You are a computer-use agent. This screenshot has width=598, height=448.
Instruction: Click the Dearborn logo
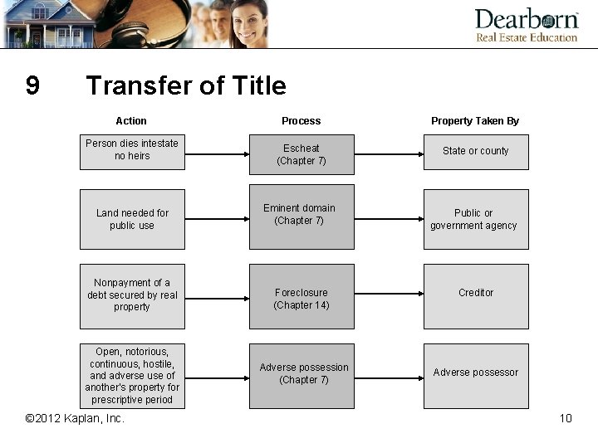[x=526, y=25]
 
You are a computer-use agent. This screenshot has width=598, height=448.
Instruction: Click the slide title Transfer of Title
[x=186, y=85]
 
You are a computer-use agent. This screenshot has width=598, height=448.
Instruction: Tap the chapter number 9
[x=32, y=85]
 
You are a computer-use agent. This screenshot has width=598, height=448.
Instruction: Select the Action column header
[x=131, y=121]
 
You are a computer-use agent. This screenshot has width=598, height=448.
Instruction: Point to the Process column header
[x=301, y=121]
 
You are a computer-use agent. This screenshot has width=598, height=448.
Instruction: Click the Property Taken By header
[x=475, y=121]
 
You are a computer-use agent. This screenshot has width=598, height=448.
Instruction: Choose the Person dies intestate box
[x=132, y=152]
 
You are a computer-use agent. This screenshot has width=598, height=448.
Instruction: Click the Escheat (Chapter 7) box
[x=301, y=154]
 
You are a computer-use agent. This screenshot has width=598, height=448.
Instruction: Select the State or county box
[x=476, y=152]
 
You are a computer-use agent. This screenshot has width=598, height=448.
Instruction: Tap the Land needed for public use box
[x=132, y=219]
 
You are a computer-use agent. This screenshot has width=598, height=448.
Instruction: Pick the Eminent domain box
[x=301, y=216]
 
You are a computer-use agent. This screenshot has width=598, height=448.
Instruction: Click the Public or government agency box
[x=476, y=219]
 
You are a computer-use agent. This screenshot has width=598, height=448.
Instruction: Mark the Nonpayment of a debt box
[x=132, y=296]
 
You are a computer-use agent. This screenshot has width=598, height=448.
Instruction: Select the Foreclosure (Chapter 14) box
[x=301, y=297]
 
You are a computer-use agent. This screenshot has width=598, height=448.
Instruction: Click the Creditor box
[x=476, y=296]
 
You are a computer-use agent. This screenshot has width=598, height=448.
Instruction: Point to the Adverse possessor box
[x=476, y=375]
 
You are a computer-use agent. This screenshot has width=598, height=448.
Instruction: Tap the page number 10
[x=566, y=418]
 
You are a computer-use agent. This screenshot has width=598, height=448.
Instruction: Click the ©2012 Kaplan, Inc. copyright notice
[x=75, y=418]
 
